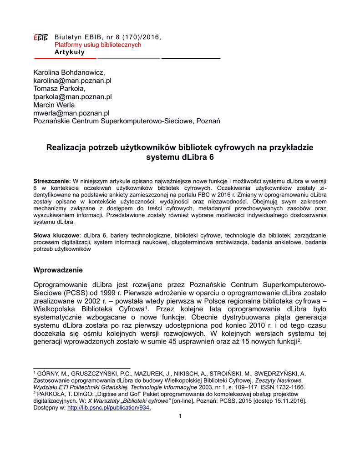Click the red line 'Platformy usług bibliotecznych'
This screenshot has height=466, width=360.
click(x=98, y=45)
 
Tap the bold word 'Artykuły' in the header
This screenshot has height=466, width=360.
click(x=70, y=52)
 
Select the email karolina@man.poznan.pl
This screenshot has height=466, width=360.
click(x=72, y=81)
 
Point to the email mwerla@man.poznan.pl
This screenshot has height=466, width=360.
click(x=71, y=113)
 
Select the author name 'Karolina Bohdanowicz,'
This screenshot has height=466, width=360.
click(x=69, y=72)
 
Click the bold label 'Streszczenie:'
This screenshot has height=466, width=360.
click(x=52, y=181)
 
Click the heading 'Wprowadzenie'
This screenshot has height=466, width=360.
click(x=58, y=270)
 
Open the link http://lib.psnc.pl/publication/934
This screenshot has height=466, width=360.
click(x=109, y=407)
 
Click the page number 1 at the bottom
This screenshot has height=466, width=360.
click(x=180, y=416)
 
